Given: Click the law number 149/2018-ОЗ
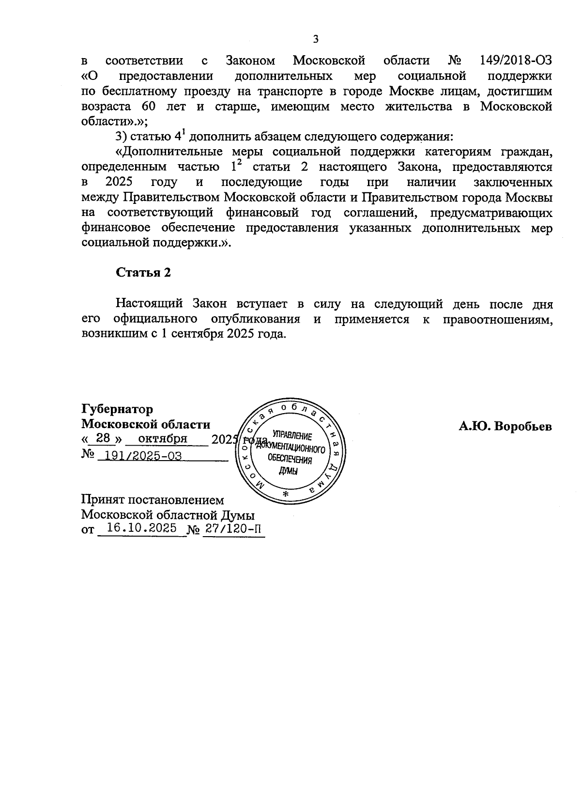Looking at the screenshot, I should (x=516, y=61).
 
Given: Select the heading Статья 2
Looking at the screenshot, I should (x=143, y=273).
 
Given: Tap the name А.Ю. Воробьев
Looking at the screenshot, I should (x=505, y=427).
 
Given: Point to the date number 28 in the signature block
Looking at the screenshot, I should (x=104, y=438).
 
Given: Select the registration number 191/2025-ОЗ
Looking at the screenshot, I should (x=136, y=456).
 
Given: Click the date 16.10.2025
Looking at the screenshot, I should (x=141, y=528).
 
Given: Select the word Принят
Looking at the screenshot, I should (x=101, y=499).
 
